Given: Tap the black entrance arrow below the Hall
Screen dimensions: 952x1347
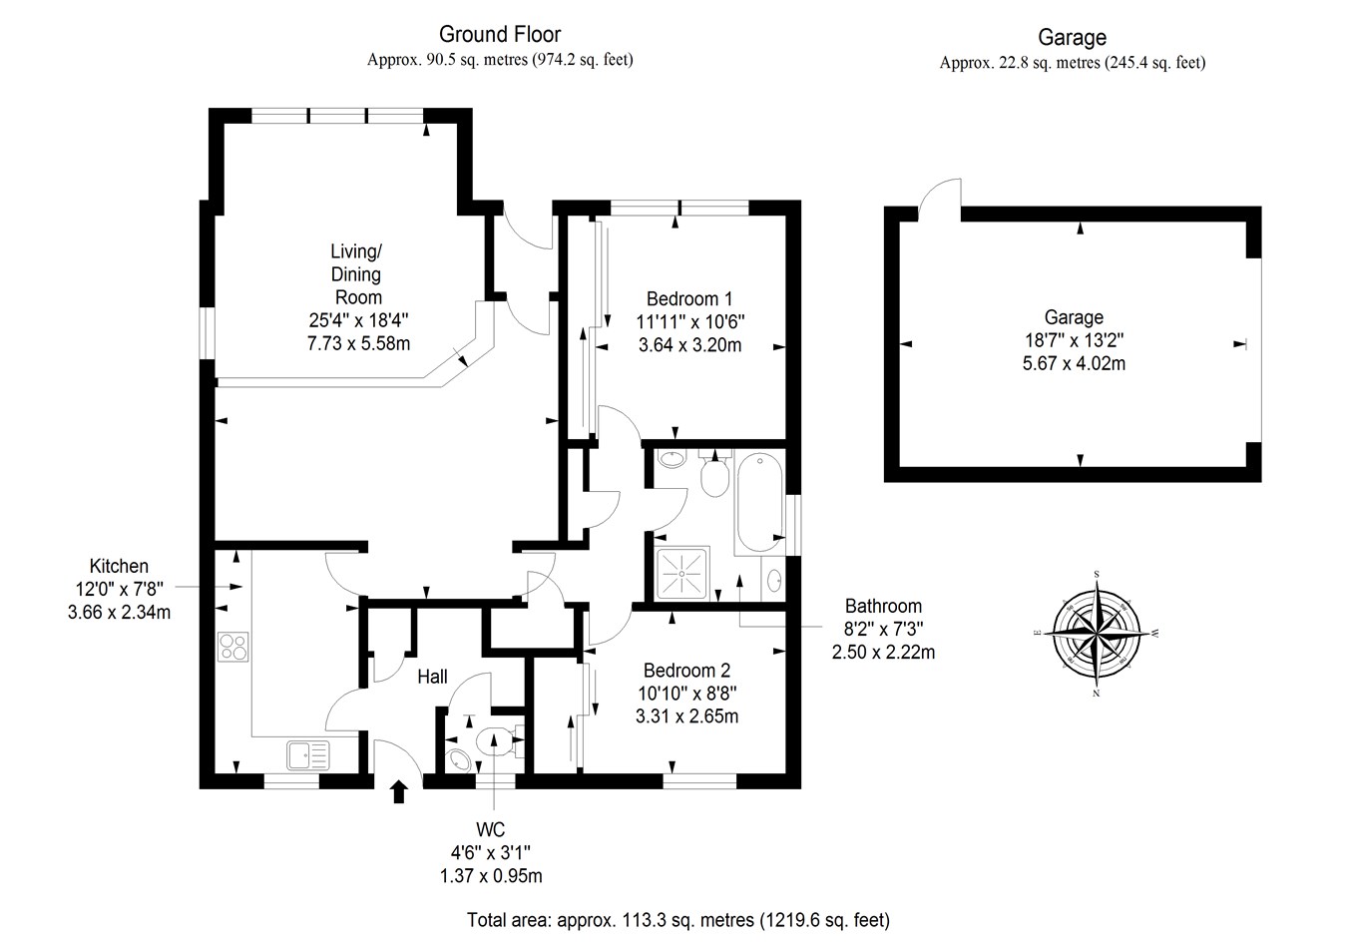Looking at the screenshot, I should [399, 792].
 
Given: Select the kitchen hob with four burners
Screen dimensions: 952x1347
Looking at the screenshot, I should [232, 648].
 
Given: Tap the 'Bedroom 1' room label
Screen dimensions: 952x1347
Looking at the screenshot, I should [688, 298].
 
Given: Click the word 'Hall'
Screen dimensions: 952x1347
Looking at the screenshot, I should [432, 677].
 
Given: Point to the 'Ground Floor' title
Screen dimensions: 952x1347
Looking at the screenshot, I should [500, 35].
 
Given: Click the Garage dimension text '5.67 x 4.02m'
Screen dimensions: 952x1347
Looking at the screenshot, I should [1074, 364].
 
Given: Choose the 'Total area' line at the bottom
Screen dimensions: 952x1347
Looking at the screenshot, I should [677, 920].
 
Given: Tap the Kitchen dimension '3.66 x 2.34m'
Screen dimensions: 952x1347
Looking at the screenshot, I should [119, 613].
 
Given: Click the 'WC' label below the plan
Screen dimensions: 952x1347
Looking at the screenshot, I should [491, 830].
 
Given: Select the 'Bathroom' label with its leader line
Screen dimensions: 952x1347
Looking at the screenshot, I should [882, 606].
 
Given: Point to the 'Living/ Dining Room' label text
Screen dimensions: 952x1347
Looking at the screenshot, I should [358, 273].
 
